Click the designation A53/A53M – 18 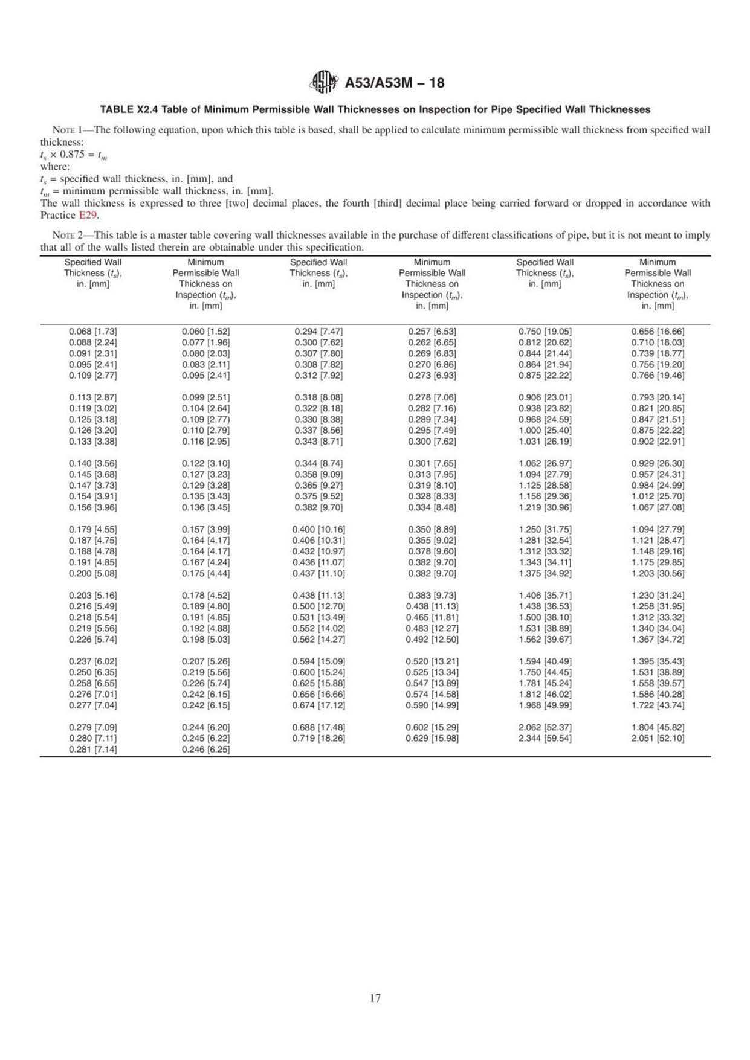[x=394, y=83]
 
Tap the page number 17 [x=375, y=998]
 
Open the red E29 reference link [x=88, y=215]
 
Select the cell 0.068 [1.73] [x=93, y=332]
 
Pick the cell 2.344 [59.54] [x=545, y=738]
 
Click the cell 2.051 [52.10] [x=658, y=738]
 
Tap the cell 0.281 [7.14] [x=93, y=749]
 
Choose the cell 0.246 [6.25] [x=205, y=749]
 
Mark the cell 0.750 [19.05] [x=545, y=332]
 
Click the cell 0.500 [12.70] [x=318, y=606]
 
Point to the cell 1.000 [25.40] [x=545, y=431]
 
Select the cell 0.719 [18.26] [x=318, y=738]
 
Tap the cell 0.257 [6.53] [x=432, y=332]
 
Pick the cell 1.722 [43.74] [x=658, y=705]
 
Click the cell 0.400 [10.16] [x=318, y=529]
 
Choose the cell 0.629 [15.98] [x=432, y=738]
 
